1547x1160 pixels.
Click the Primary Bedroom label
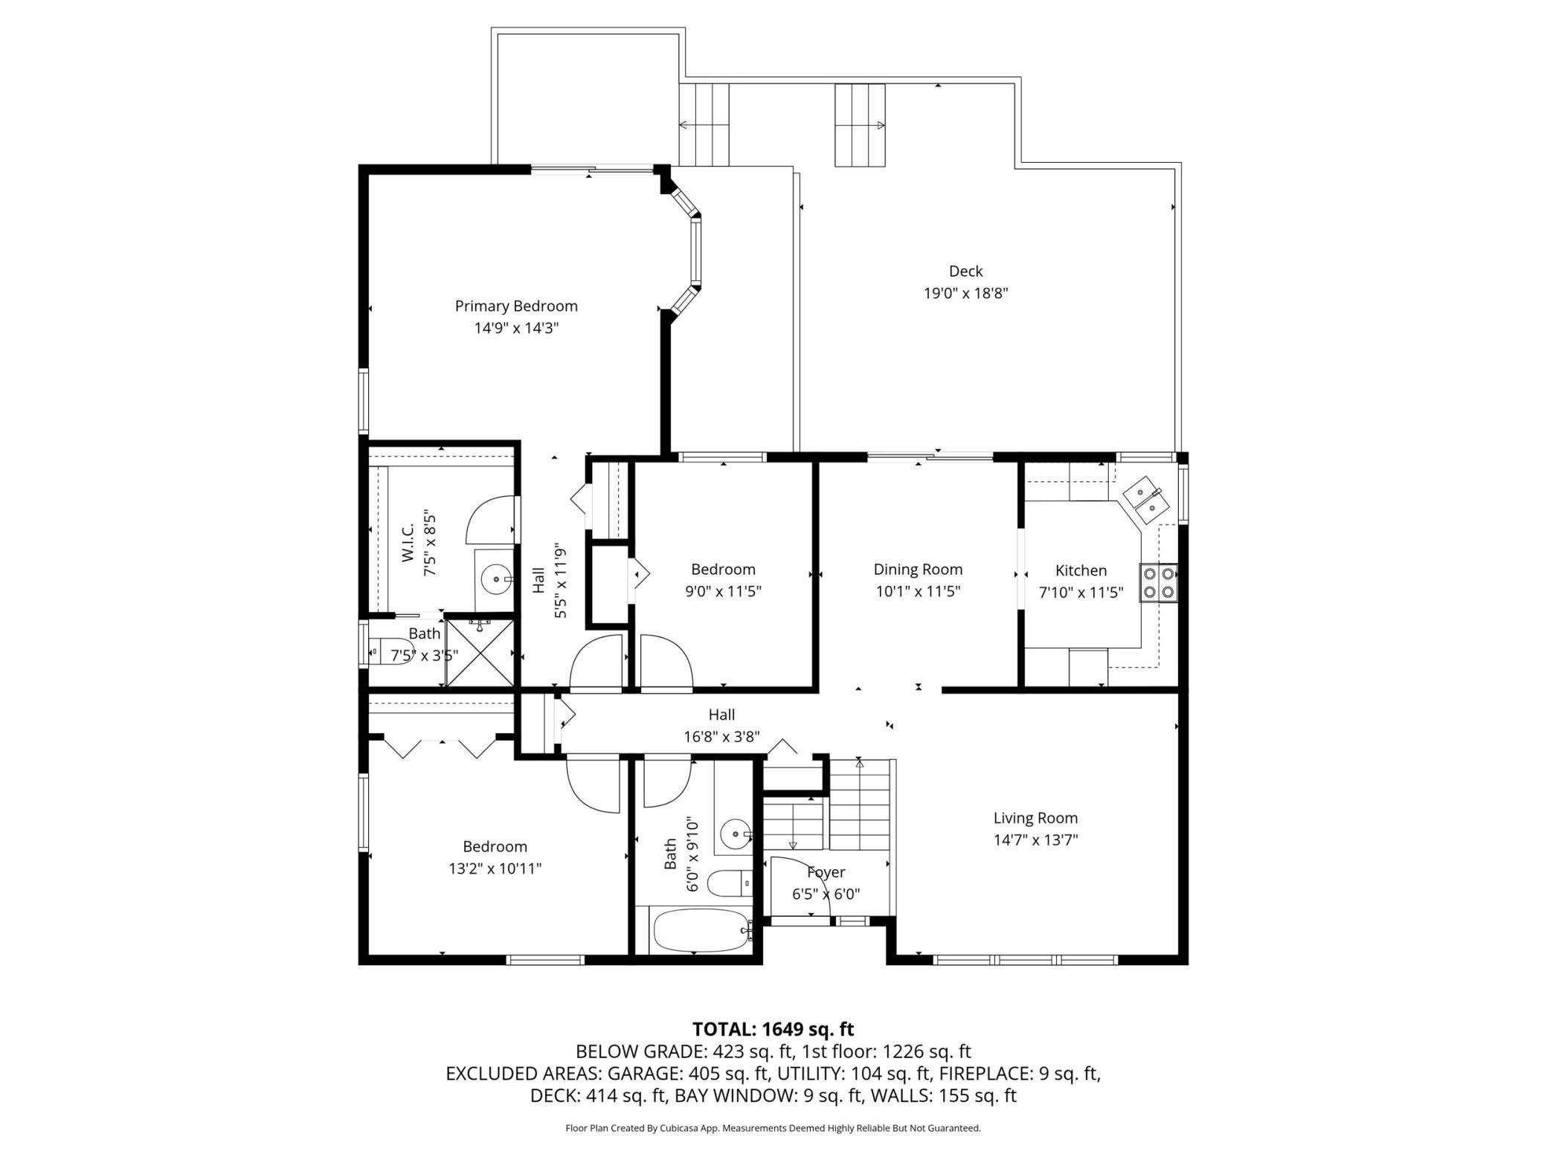(x=516, y=306)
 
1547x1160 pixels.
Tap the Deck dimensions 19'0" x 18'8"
(x=965, y=293)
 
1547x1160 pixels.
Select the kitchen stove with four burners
(x=1159, y=583)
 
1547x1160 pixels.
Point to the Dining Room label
(x=918, y=570)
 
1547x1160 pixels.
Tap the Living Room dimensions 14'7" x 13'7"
(x=1035, y=840)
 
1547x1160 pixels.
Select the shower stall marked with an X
(x=479, y=652)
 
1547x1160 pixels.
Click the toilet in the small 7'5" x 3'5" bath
(x=389, y=651)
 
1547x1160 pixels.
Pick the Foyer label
(x=826, y=872)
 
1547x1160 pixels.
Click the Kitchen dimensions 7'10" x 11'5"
(x=1081, y=593)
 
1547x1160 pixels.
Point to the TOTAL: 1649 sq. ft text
(x=773, y=1029)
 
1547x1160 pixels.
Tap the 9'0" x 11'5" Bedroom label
(x=723, y=570)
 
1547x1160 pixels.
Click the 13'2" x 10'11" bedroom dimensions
(x=495, y=869)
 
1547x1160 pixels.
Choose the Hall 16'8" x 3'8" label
(x=721, y=726)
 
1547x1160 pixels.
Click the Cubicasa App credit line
(x=773, y=1128)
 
